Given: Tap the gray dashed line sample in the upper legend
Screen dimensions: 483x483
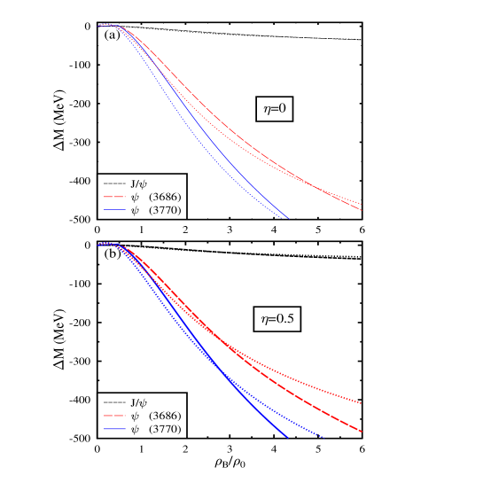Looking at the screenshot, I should point(114,183).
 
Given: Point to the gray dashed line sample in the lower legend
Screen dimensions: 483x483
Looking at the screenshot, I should point(114,401).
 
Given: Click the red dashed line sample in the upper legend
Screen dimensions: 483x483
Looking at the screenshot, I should point(114,197).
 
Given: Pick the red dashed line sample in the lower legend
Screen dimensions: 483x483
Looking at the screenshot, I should point(114,416).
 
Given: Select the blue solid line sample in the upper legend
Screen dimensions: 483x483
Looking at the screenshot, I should point(114,210).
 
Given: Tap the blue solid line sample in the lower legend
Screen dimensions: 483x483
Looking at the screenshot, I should point(114,429).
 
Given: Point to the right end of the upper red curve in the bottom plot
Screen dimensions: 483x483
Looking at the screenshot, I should point(362,403).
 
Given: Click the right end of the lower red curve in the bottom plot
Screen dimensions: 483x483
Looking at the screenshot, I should point(362,432).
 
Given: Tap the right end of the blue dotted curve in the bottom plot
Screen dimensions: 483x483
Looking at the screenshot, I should point(323,437).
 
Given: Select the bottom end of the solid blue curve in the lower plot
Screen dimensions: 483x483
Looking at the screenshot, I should point(288,437).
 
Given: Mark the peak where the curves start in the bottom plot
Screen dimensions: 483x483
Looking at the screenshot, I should point(106,244).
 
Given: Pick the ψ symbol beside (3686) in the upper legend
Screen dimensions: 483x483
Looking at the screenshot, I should point(135,197).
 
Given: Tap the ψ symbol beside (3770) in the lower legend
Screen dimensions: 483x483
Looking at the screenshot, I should point(135,430).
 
